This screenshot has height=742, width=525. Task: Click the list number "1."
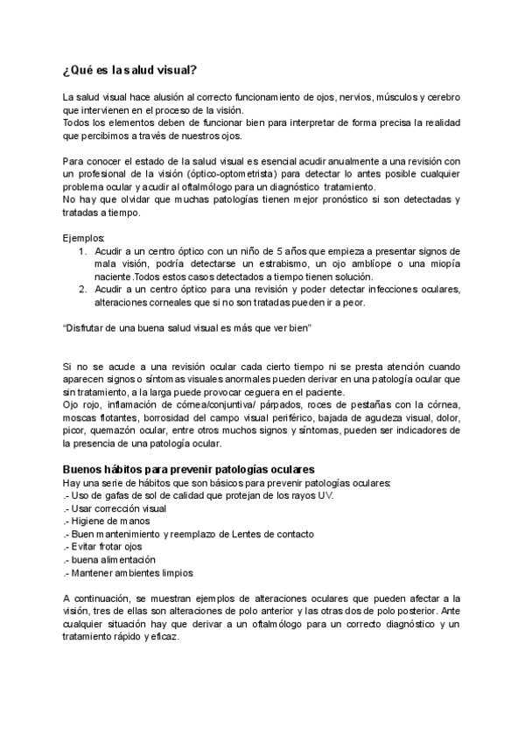click(81, 251)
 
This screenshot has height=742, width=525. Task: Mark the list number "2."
click(81, 290)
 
